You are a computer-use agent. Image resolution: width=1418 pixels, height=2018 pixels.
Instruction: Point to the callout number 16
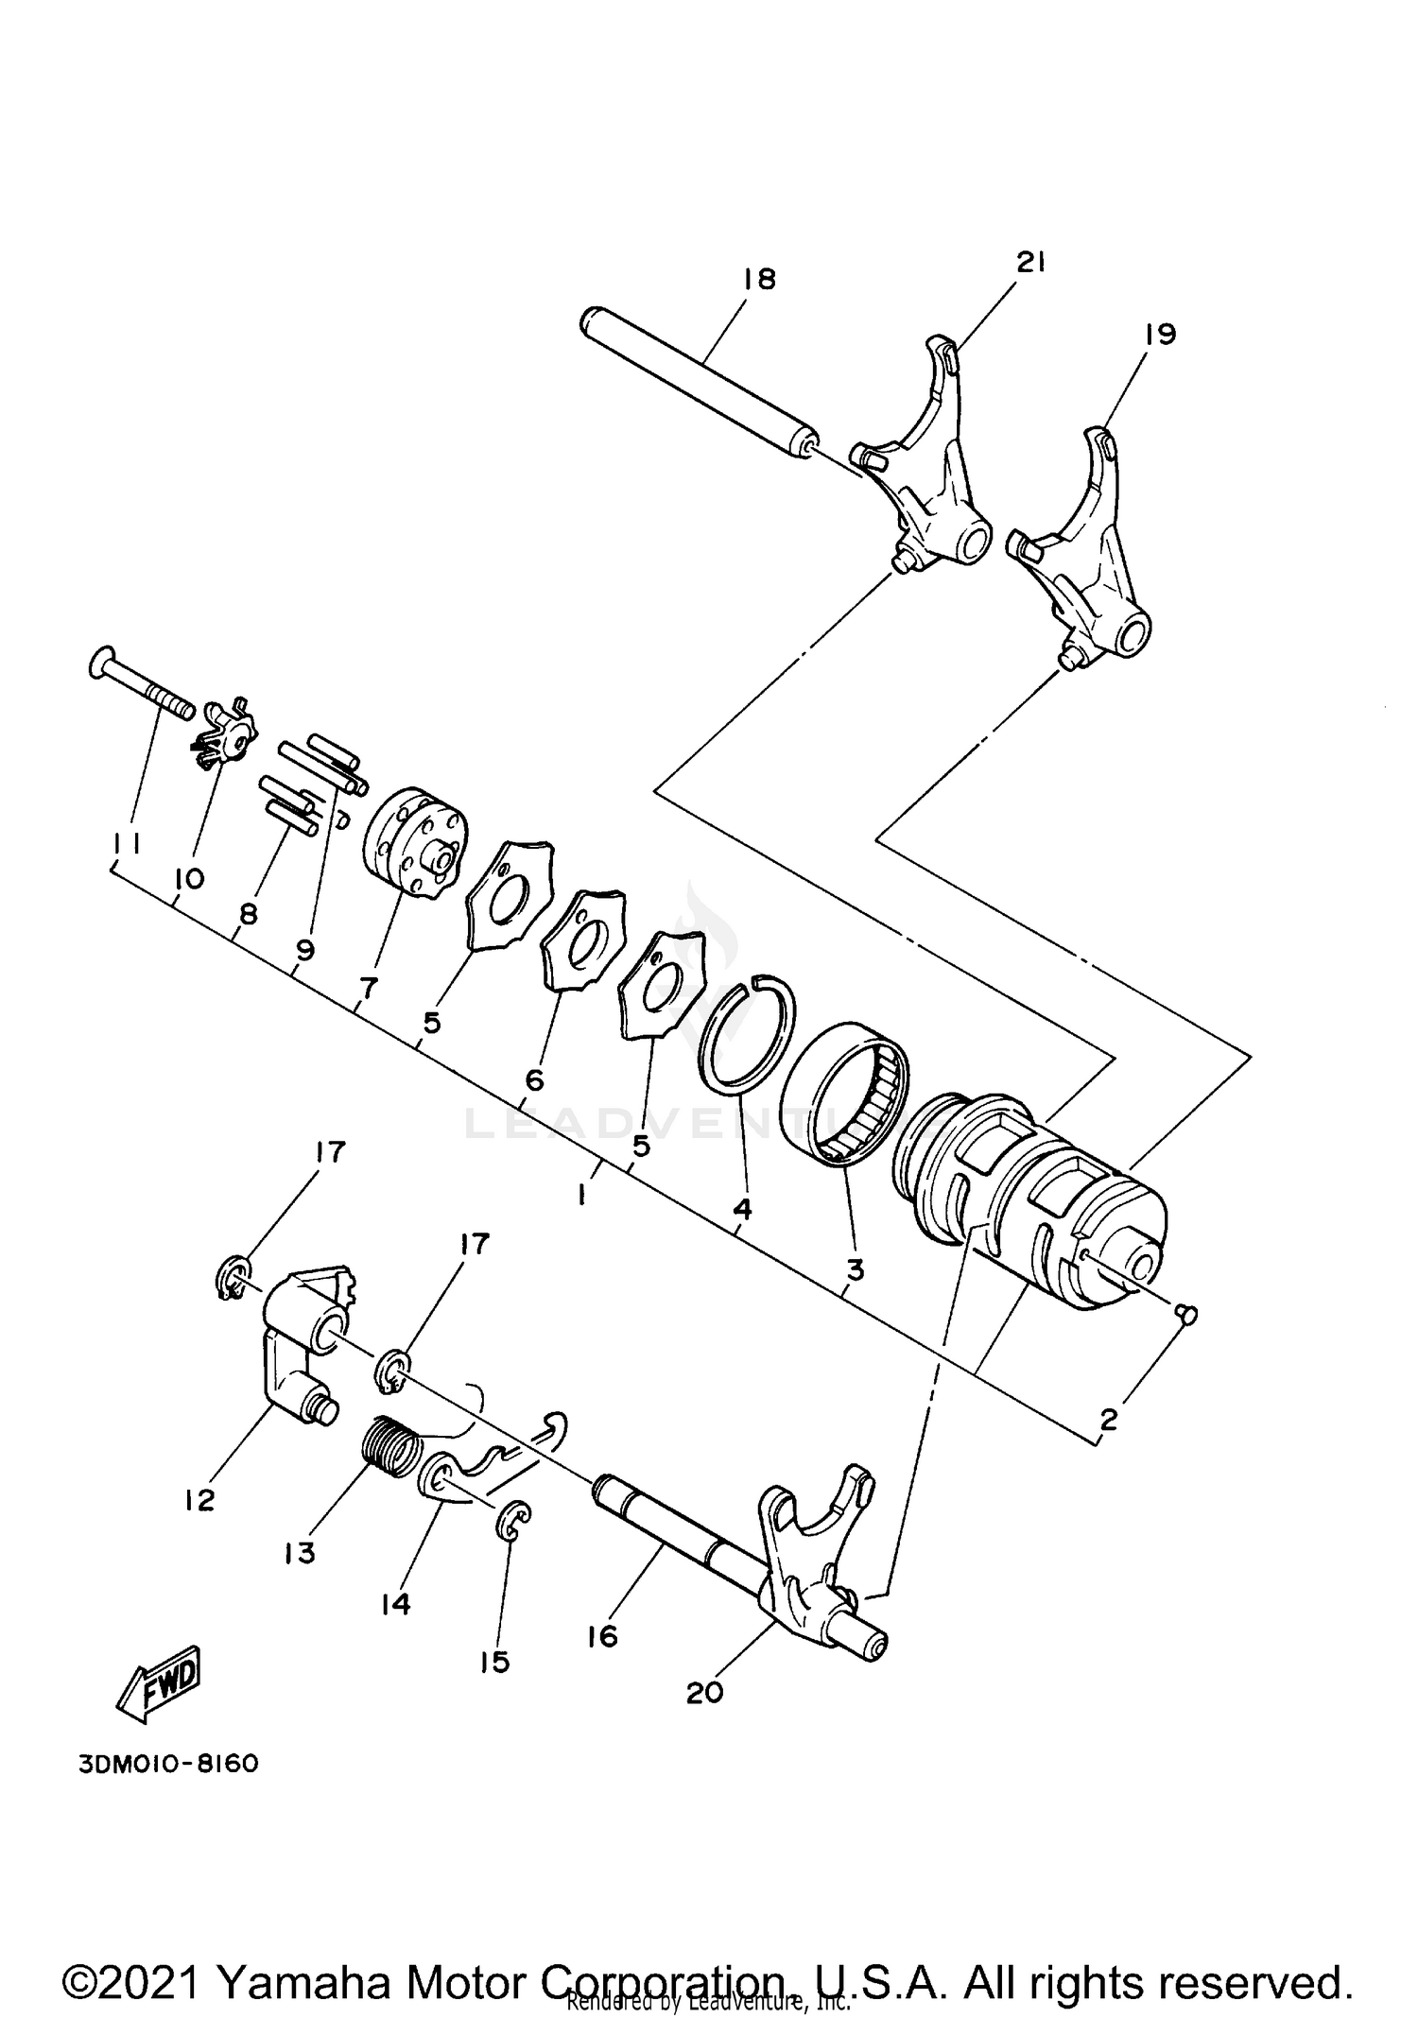(x=601, y=1636)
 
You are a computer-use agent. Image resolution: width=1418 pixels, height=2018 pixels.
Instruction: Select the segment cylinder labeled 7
(x=412, y=843)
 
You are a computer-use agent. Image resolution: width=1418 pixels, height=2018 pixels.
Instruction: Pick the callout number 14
(x=395, y=1604)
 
